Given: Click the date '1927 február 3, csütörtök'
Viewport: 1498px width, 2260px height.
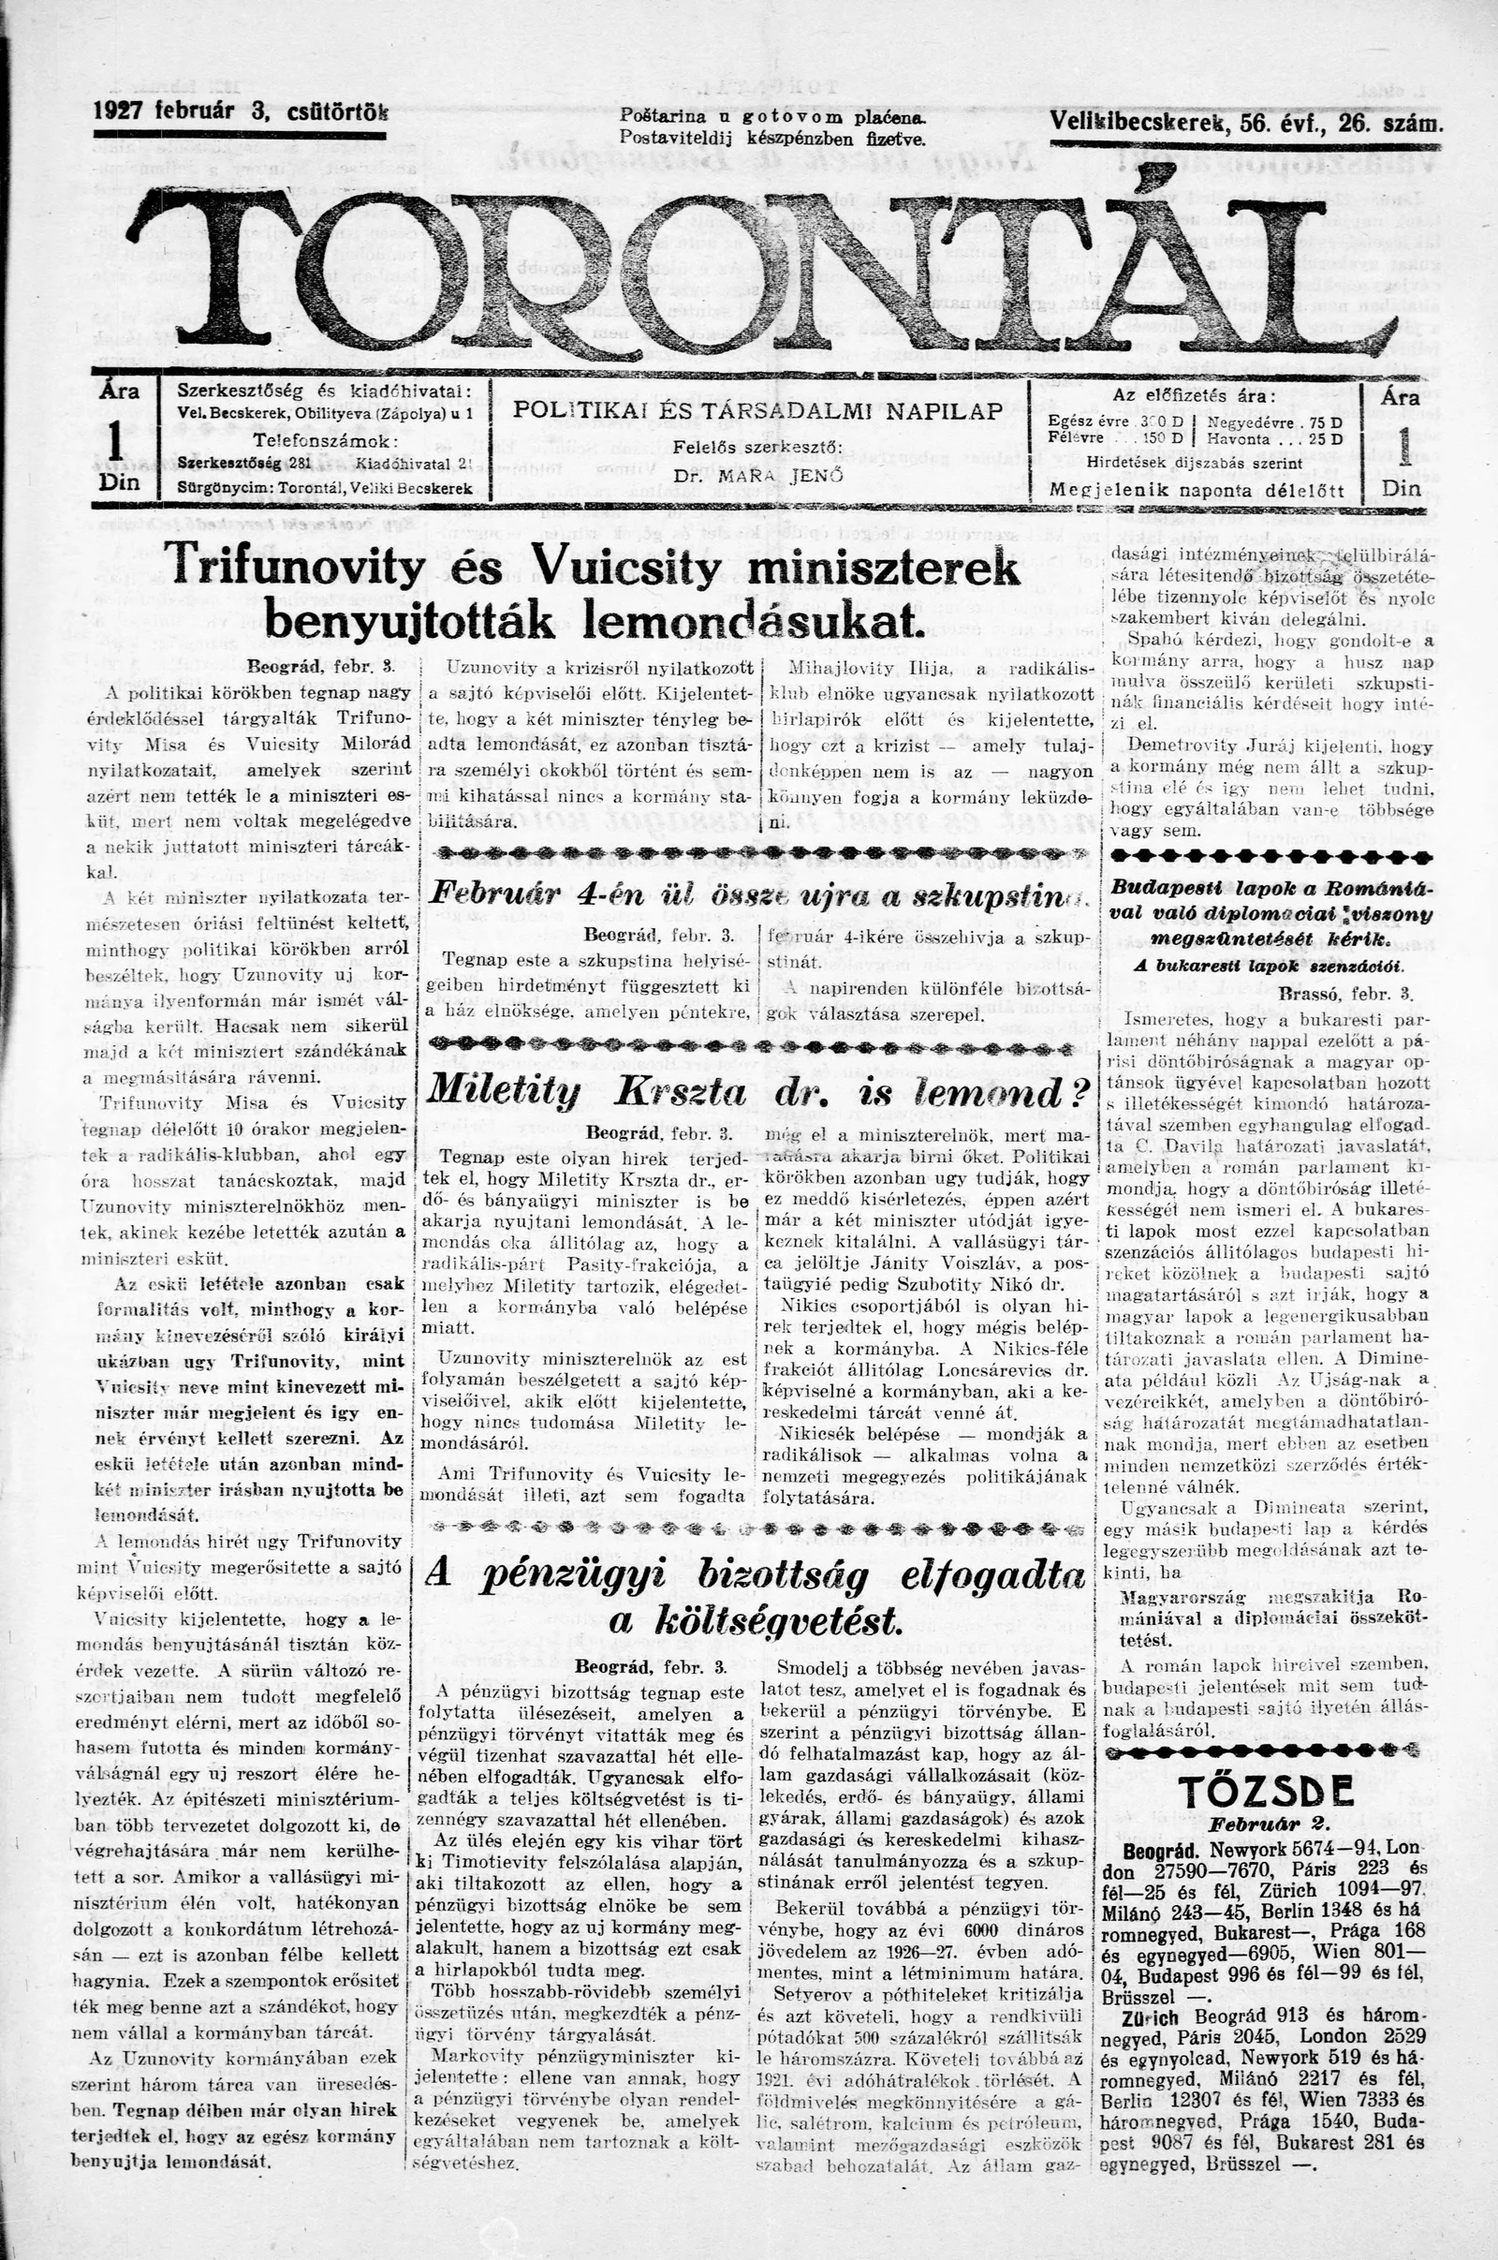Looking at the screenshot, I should pos(242,111).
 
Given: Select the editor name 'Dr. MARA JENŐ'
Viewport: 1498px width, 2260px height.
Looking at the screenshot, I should pos(757,475).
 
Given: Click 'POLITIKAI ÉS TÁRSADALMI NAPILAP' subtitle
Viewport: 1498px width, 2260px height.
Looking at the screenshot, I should pos(757,411).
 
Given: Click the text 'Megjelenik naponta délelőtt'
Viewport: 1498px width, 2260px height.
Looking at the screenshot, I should pos(1197,491).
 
